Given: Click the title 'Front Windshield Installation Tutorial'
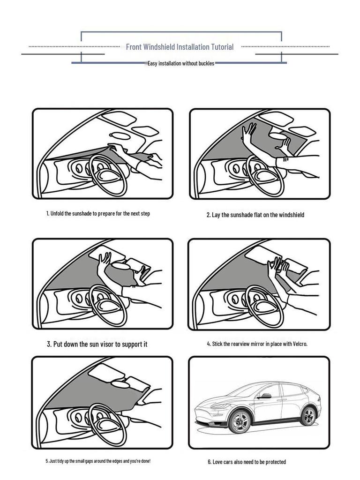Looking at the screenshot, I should coord(180,47).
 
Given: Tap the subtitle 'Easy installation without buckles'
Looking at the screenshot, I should coord(181,63).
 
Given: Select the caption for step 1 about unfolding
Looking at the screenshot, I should coord(98,214).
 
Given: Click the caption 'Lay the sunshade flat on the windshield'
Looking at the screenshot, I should coord(255,215).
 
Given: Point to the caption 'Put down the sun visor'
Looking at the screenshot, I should coord(97,344).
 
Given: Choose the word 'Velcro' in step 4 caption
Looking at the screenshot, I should coord(300,344).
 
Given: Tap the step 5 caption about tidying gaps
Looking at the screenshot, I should coord(98,461).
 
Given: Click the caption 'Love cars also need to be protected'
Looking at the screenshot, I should coord(247,462).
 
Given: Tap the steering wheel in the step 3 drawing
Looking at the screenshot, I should coord(108,305).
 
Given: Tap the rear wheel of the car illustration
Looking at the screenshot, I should coord(308,416).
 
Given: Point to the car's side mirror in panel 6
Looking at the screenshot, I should coord(265,396).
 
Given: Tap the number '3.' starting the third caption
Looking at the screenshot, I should coord(49,344).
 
